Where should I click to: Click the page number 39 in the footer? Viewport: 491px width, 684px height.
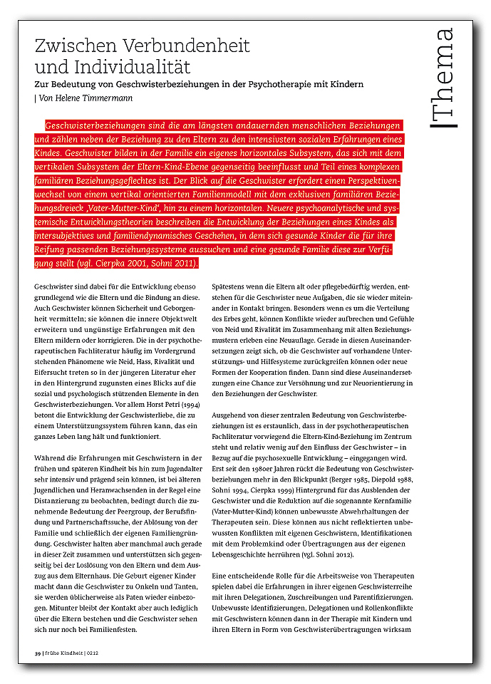[38, 653]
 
